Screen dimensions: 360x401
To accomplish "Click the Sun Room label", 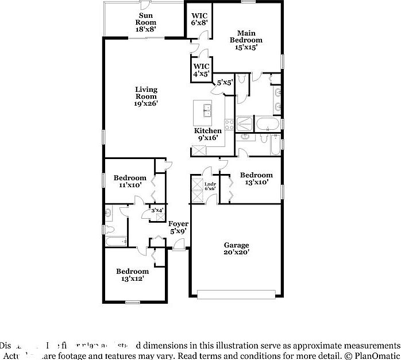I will (146, 21).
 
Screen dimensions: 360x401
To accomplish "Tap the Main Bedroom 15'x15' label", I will (246, 40).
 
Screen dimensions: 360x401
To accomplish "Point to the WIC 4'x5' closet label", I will (201, 69).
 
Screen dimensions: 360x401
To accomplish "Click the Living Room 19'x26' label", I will (146, 96).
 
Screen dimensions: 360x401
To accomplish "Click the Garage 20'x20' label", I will (236, 248).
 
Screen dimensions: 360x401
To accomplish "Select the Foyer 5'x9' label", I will (178, 227).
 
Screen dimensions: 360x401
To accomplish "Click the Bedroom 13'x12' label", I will (132, 274).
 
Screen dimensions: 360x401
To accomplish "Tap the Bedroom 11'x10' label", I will (129, 181).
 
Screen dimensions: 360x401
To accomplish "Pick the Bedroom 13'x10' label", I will (256, 179).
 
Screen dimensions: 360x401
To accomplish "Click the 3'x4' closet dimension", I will (157, 210).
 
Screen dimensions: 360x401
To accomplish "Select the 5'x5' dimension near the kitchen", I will (224, 83).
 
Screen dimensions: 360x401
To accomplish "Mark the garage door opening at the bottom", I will (236, 296).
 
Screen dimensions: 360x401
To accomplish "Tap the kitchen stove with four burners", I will (228, 123).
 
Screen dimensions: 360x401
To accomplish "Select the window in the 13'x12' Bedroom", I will (133, 302).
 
